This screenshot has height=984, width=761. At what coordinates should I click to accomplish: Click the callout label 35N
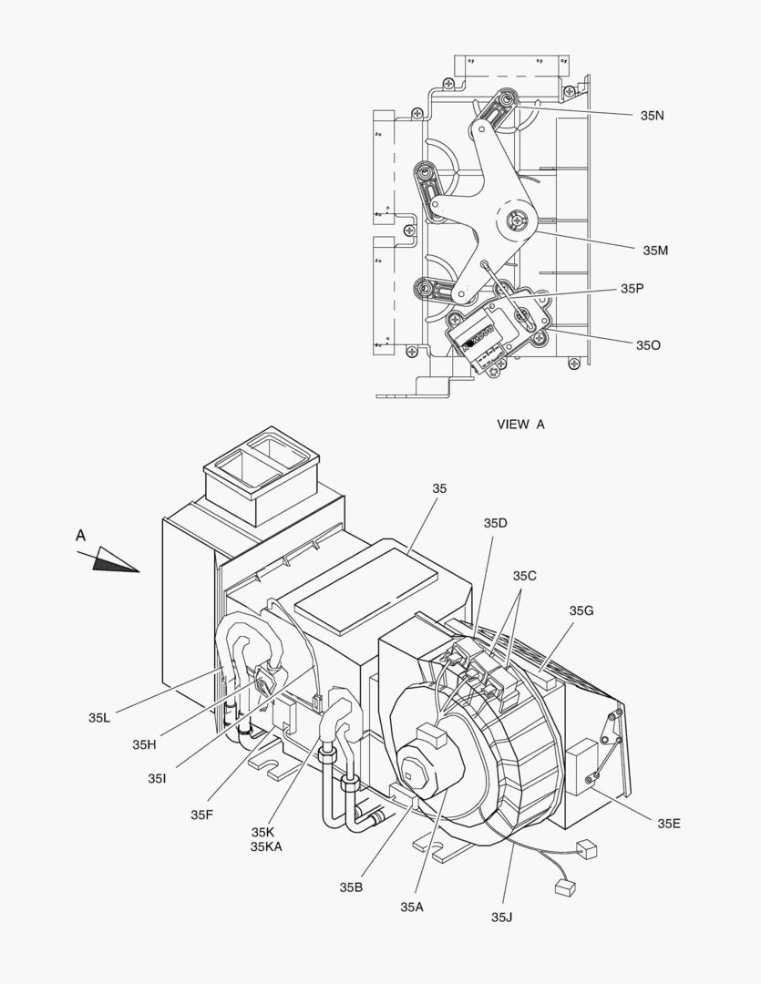click(653, 116)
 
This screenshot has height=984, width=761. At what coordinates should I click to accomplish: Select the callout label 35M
click(655, 251)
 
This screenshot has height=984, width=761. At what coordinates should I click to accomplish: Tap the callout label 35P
click(632, 289)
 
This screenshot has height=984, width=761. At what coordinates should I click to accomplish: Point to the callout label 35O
click(648, 345)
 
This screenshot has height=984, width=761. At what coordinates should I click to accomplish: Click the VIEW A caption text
click(521, 425)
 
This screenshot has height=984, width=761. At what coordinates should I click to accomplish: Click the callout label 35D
click(495, 523)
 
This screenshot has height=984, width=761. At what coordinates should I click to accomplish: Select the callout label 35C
click(525, 576)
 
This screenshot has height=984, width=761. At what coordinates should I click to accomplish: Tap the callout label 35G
click(581, 610)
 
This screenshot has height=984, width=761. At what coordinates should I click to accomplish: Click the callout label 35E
click(669, 824)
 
